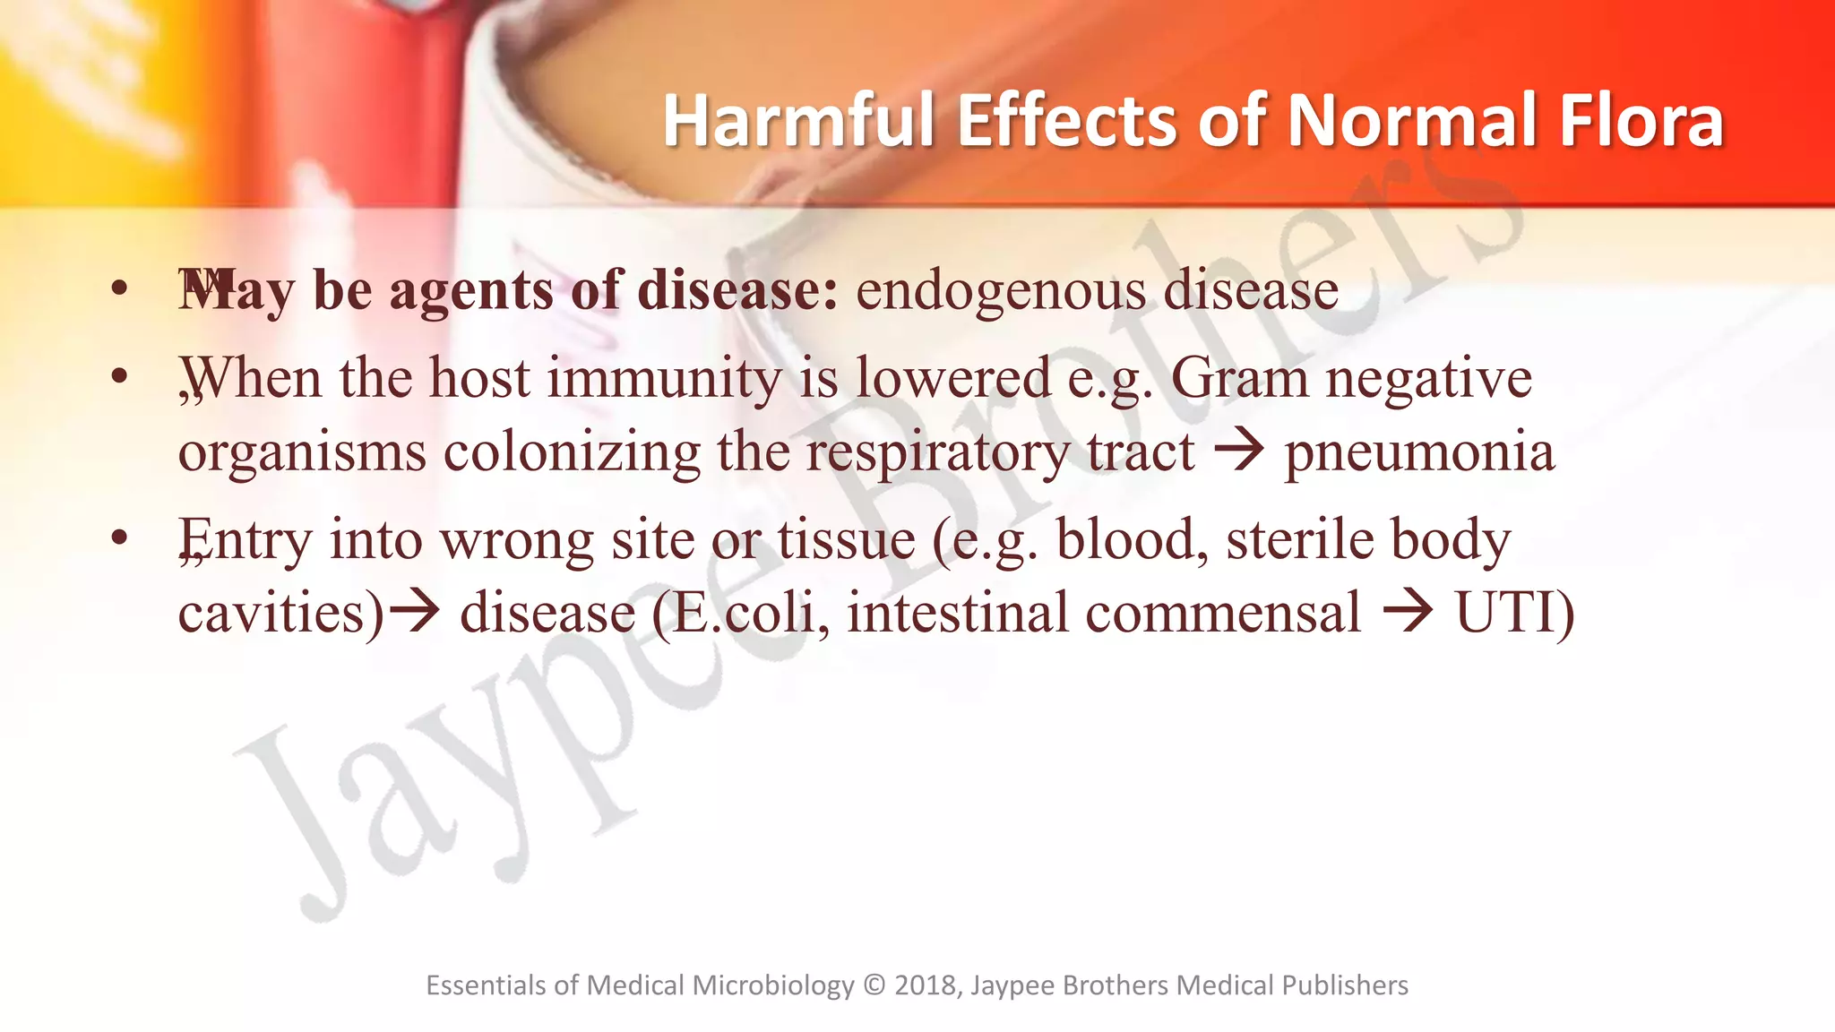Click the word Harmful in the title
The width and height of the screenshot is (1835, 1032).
click(x=799, y=121)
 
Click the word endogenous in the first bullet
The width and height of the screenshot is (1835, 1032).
click(x=1000, y=291)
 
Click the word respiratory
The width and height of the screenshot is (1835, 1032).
click(x=938, y=451)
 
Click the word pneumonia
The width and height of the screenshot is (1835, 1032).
click(x=1419, y=451)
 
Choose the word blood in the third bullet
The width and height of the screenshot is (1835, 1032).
click(x=1132, y=539)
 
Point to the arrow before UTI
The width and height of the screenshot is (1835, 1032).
click(x=1408, y=612)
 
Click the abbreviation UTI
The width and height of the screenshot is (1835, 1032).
click(x=1505, y=614)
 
